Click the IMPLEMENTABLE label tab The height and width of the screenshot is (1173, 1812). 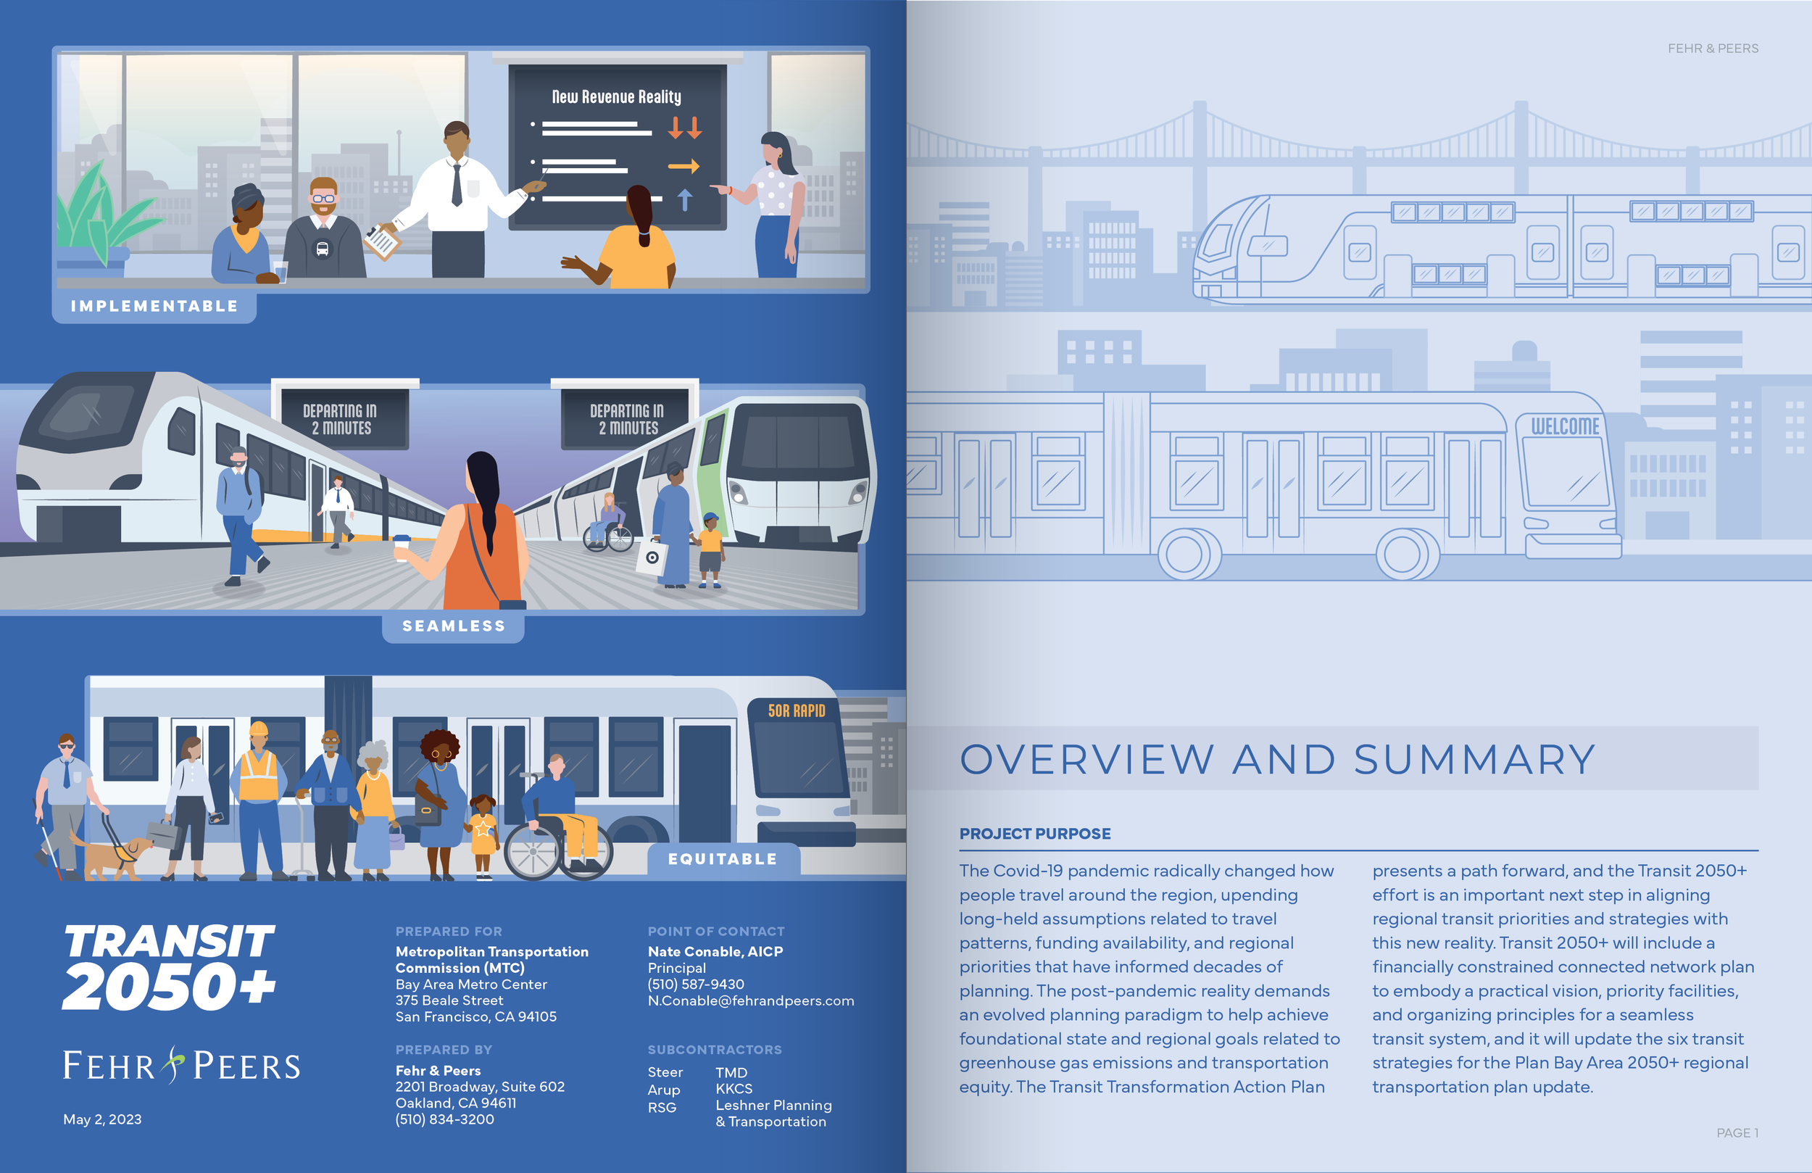point(154,306)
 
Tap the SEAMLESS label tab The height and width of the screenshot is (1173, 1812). point(453,626)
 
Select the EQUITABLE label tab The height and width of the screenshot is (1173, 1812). point(723,859)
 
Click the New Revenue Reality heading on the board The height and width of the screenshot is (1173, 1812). point(616,96)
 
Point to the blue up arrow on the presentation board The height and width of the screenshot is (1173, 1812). point(684,199)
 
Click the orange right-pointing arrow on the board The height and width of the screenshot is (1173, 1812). point(683,166)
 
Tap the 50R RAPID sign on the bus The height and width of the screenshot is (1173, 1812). point(797,710)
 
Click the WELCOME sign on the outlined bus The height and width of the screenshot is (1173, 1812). point(1566,426)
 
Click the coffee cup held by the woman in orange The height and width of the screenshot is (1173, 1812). point(402,547)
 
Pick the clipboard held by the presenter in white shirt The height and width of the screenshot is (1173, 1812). point(381,242)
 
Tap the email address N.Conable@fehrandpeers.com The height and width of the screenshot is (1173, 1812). point(751,1001)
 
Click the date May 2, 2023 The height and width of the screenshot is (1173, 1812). point(102,1119)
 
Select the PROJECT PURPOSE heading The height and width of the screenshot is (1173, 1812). point(1035,833)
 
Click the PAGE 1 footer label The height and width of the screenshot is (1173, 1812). point(1737,1132)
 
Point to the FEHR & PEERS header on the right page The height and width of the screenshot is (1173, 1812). point(1712,48)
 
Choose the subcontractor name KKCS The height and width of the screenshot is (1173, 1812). point(734,1088)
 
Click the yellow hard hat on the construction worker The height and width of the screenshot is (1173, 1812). point(259,728)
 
